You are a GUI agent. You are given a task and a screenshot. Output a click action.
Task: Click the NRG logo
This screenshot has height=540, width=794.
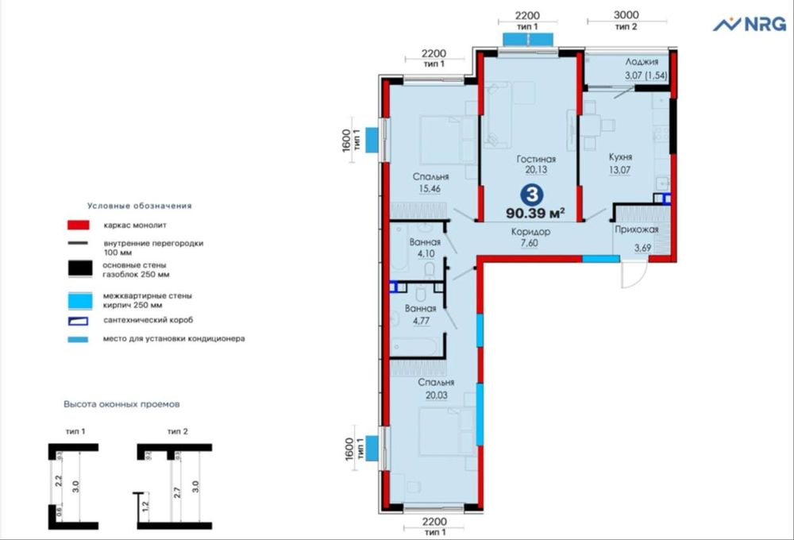tap(749, 25)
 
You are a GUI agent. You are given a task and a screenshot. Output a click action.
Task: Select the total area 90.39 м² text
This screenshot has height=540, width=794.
tap(537, 213)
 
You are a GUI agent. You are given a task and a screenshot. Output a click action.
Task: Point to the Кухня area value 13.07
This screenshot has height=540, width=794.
tap(619, 169)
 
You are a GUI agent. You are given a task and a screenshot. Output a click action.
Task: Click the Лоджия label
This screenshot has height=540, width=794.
tap(641, 61)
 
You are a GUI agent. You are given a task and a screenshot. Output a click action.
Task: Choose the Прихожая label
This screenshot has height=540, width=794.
tap(636, 230)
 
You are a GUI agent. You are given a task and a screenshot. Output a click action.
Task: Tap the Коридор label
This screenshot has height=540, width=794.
tap(531, 231)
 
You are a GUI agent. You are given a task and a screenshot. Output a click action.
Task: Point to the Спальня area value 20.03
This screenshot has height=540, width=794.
tap(435, 395)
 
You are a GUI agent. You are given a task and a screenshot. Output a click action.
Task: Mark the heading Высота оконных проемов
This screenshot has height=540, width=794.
tap(121, 404)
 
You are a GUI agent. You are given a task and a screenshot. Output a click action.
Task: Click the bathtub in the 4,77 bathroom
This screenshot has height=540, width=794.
tap(414, 347)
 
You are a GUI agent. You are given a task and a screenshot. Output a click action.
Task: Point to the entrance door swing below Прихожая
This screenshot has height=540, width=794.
tap(633, 276)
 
